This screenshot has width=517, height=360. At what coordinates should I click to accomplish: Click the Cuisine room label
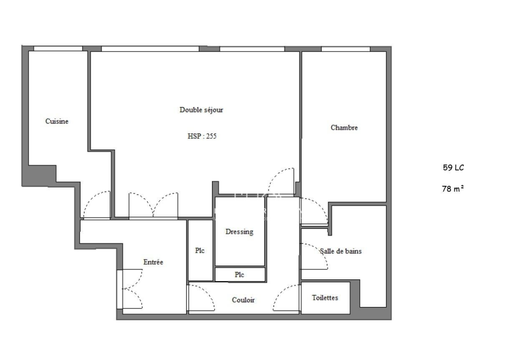pos(57,122)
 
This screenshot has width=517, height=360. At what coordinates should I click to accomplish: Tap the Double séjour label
pos(201,110)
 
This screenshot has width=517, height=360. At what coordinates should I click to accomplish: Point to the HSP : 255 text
pos(202,136)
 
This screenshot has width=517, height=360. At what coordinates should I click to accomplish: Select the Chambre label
pos(344,128)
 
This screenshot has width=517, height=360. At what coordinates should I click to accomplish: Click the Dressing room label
pos(240,232)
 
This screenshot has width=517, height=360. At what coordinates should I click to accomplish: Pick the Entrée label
pos(153,262)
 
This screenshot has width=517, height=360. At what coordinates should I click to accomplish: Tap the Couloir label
pos(243,300)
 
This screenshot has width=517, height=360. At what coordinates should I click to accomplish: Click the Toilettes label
pos(325,298)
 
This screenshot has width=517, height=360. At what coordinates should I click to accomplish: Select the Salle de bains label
pos(340,251)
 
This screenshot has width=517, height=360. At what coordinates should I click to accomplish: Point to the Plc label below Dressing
pos(240,275)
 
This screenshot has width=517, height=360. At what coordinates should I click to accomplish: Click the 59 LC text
pos(453,168)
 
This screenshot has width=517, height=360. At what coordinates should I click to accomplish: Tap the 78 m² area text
pos(452,188)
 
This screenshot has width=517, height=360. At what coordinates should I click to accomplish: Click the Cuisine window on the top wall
pos(58,48)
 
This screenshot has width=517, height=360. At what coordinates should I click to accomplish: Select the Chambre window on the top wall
pos(346,49)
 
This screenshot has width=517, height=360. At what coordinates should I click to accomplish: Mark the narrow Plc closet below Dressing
pos(240,275)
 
